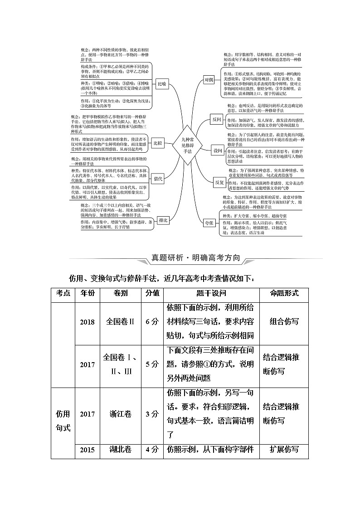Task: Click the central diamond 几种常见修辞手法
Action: point(184,146)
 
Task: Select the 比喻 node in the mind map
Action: point(161,84)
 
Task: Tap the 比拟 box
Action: point(157,143)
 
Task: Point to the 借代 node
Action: point(158,179)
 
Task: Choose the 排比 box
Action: point(163,220)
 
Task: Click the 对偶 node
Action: point(209,80)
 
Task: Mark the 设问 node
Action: point(218,150)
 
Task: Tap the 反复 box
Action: point(219,182)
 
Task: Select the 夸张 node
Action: point(209,223)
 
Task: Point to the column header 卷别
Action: point(121,293)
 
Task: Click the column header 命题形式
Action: point(284,293)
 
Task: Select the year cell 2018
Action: point(87,322)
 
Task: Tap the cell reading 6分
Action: point(152,322)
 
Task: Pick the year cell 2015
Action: point(87,450)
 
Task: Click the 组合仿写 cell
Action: point(284,321)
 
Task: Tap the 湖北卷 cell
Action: point(121,450)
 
